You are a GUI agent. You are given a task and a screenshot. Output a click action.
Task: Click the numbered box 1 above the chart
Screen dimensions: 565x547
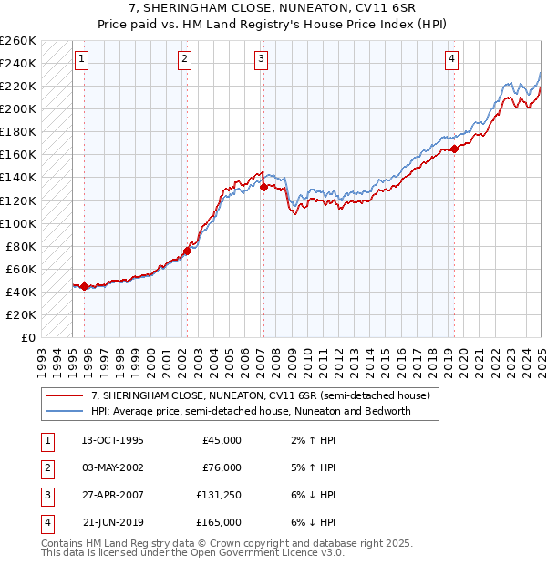pos(81,60)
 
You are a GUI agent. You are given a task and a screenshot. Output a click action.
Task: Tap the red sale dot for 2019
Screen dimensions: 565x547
pos(454,149)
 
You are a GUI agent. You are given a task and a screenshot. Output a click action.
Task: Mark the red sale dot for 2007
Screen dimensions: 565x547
pos(263,188)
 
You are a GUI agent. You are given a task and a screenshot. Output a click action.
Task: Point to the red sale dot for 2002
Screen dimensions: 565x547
pos(187,251)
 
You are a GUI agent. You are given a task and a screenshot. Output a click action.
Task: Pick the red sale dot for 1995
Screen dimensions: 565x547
pos(85,286)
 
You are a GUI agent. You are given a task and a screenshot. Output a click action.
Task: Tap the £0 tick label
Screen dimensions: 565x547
pos(26,337)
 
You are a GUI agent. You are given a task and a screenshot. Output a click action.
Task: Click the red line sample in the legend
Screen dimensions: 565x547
pos(64,395)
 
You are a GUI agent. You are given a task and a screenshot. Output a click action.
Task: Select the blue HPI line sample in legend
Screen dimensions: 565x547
pos(64,411)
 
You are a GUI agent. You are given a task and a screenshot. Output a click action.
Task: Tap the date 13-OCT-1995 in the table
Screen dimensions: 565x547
pos(112,440)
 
